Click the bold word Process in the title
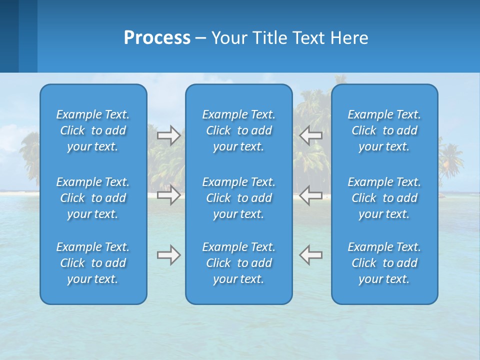click(x=157, y=38)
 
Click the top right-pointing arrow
click(x=168, y=135)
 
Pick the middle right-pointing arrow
click(x=168, y=195)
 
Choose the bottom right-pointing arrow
click(x=168, y=255)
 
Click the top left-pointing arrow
click(x=311, y=135)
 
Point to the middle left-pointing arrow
click(x=311, y=195)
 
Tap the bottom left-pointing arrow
click(x=311, y=255)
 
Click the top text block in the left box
click(x=93, y=130)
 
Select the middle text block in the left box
click(x=93, y=198)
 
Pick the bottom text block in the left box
click(x=93, y=263)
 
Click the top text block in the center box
click(x=238, y=130)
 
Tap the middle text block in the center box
click(x=238, y=198)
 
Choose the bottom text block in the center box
click(x=238, y=263)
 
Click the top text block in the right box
click(x=384, y=130)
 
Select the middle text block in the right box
click(x=384, y=198)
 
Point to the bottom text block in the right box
click(x=384, y=263)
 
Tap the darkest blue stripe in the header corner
click(x=9, y=36)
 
